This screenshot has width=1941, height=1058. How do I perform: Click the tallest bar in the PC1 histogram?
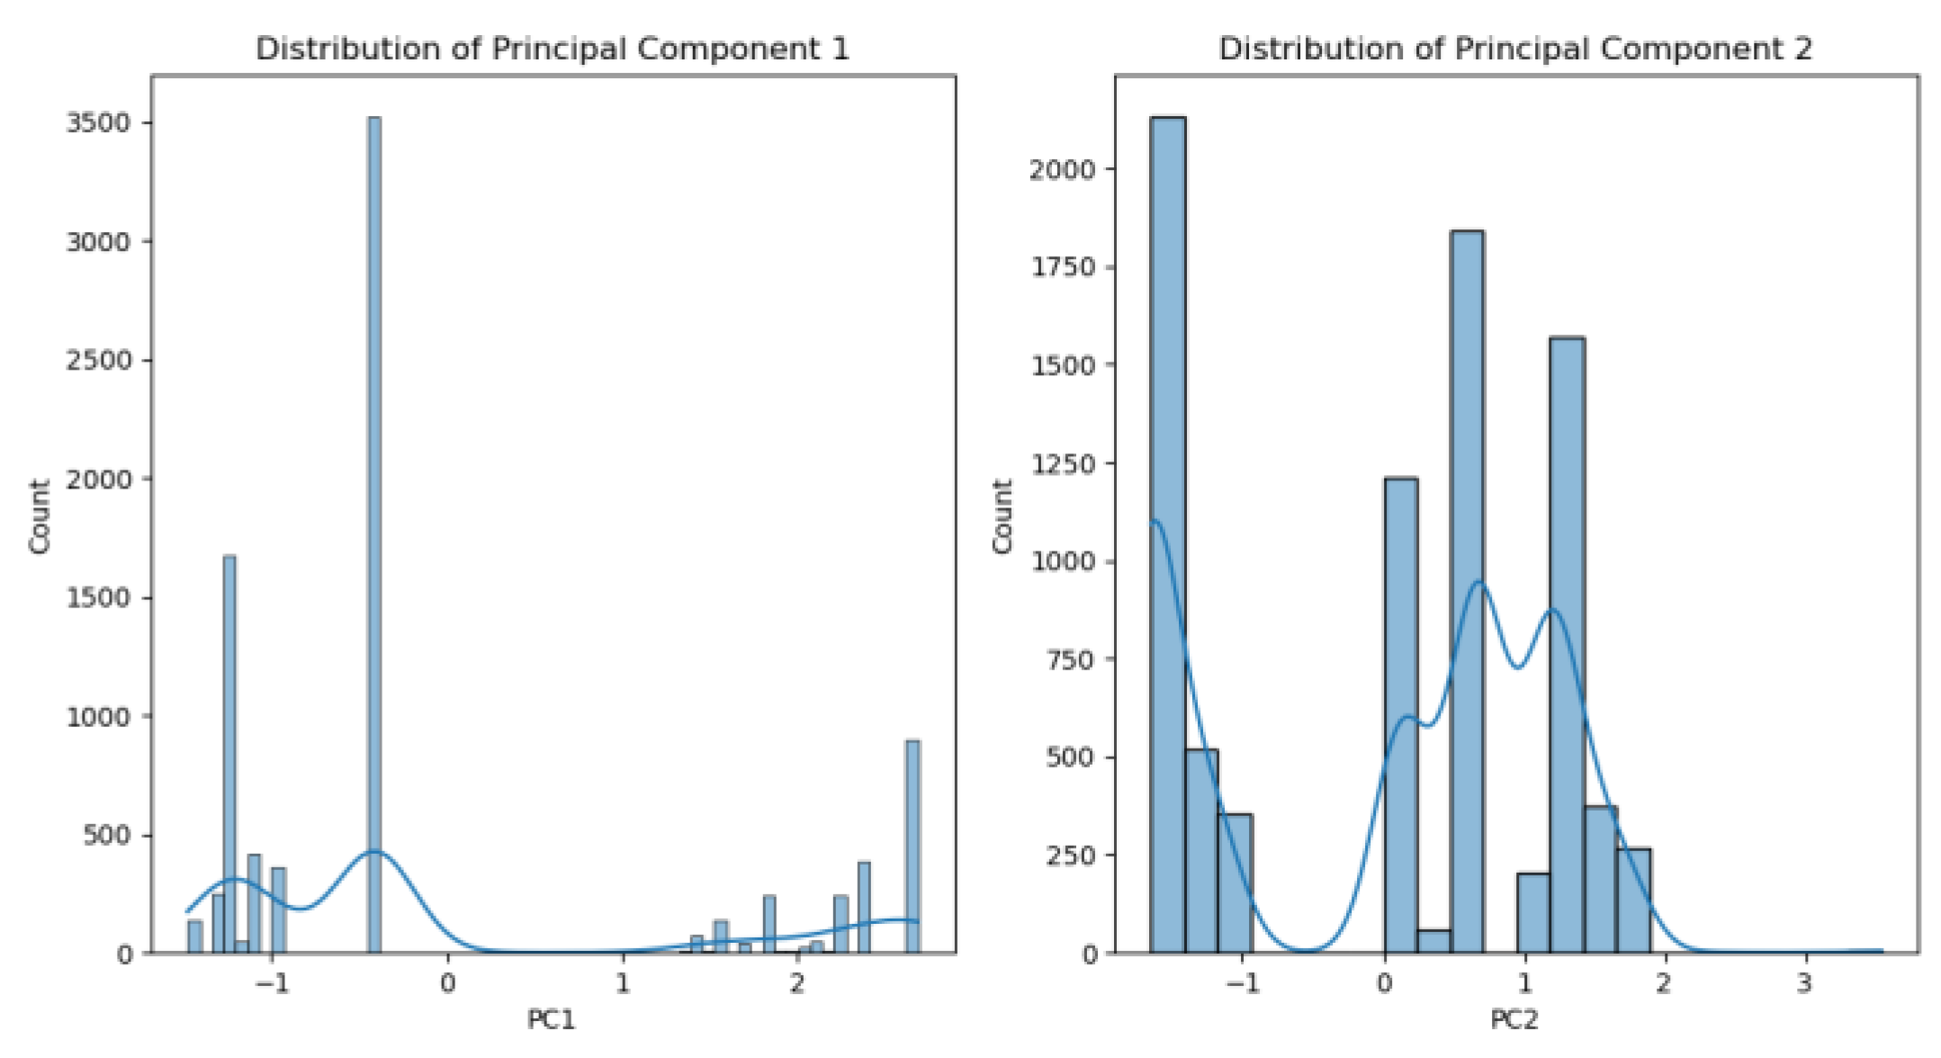tap(374, 540)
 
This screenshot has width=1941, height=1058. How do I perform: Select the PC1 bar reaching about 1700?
tap(229, 756)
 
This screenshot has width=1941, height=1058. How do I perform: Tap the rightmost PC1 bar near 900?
tap(912, 846)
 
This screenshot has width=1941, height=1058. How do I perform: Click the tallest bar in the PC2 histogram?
tap(1167, 540)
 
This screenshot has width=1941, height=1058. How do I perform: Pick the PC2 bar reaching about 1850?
tap(1467, 594)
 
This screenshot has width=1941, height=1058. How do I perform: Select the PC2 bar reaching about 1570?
tap(1567, 648)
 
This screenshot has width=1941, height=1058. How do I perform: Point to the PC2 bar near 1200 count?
tap(1400, 720)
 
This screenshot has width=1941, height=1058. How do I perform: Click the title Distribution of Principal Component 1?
tap(553, 49)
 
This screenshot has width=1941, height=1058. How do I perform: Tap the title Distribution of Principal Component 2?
tap(1515, 49)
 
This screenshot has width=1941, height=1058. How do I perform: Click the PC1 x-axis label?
tap(551, 1019)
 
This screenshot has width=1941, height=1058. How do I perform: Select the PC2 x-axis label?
tap(1514, 1019)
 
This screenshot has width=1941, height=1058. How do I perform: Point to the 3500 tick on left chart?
tap(98, 122)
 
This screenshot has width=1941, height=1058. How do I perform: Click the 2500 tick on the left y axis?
tap(98, 360)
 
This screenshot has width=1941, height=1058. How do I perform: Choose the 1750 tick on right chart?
tap(1063, 267)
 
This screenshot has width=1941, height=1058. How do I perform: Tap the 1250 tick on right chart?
tap(1063, 463)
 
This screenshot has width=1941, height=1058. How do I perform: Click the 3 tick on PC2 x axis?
tap(1803, 983)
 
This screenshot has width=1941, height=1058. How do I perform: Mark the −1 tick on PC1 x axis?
tap(273, 983)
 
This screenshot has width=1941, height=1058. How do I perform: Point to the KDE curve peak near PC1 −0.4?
tap(374, 851)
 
